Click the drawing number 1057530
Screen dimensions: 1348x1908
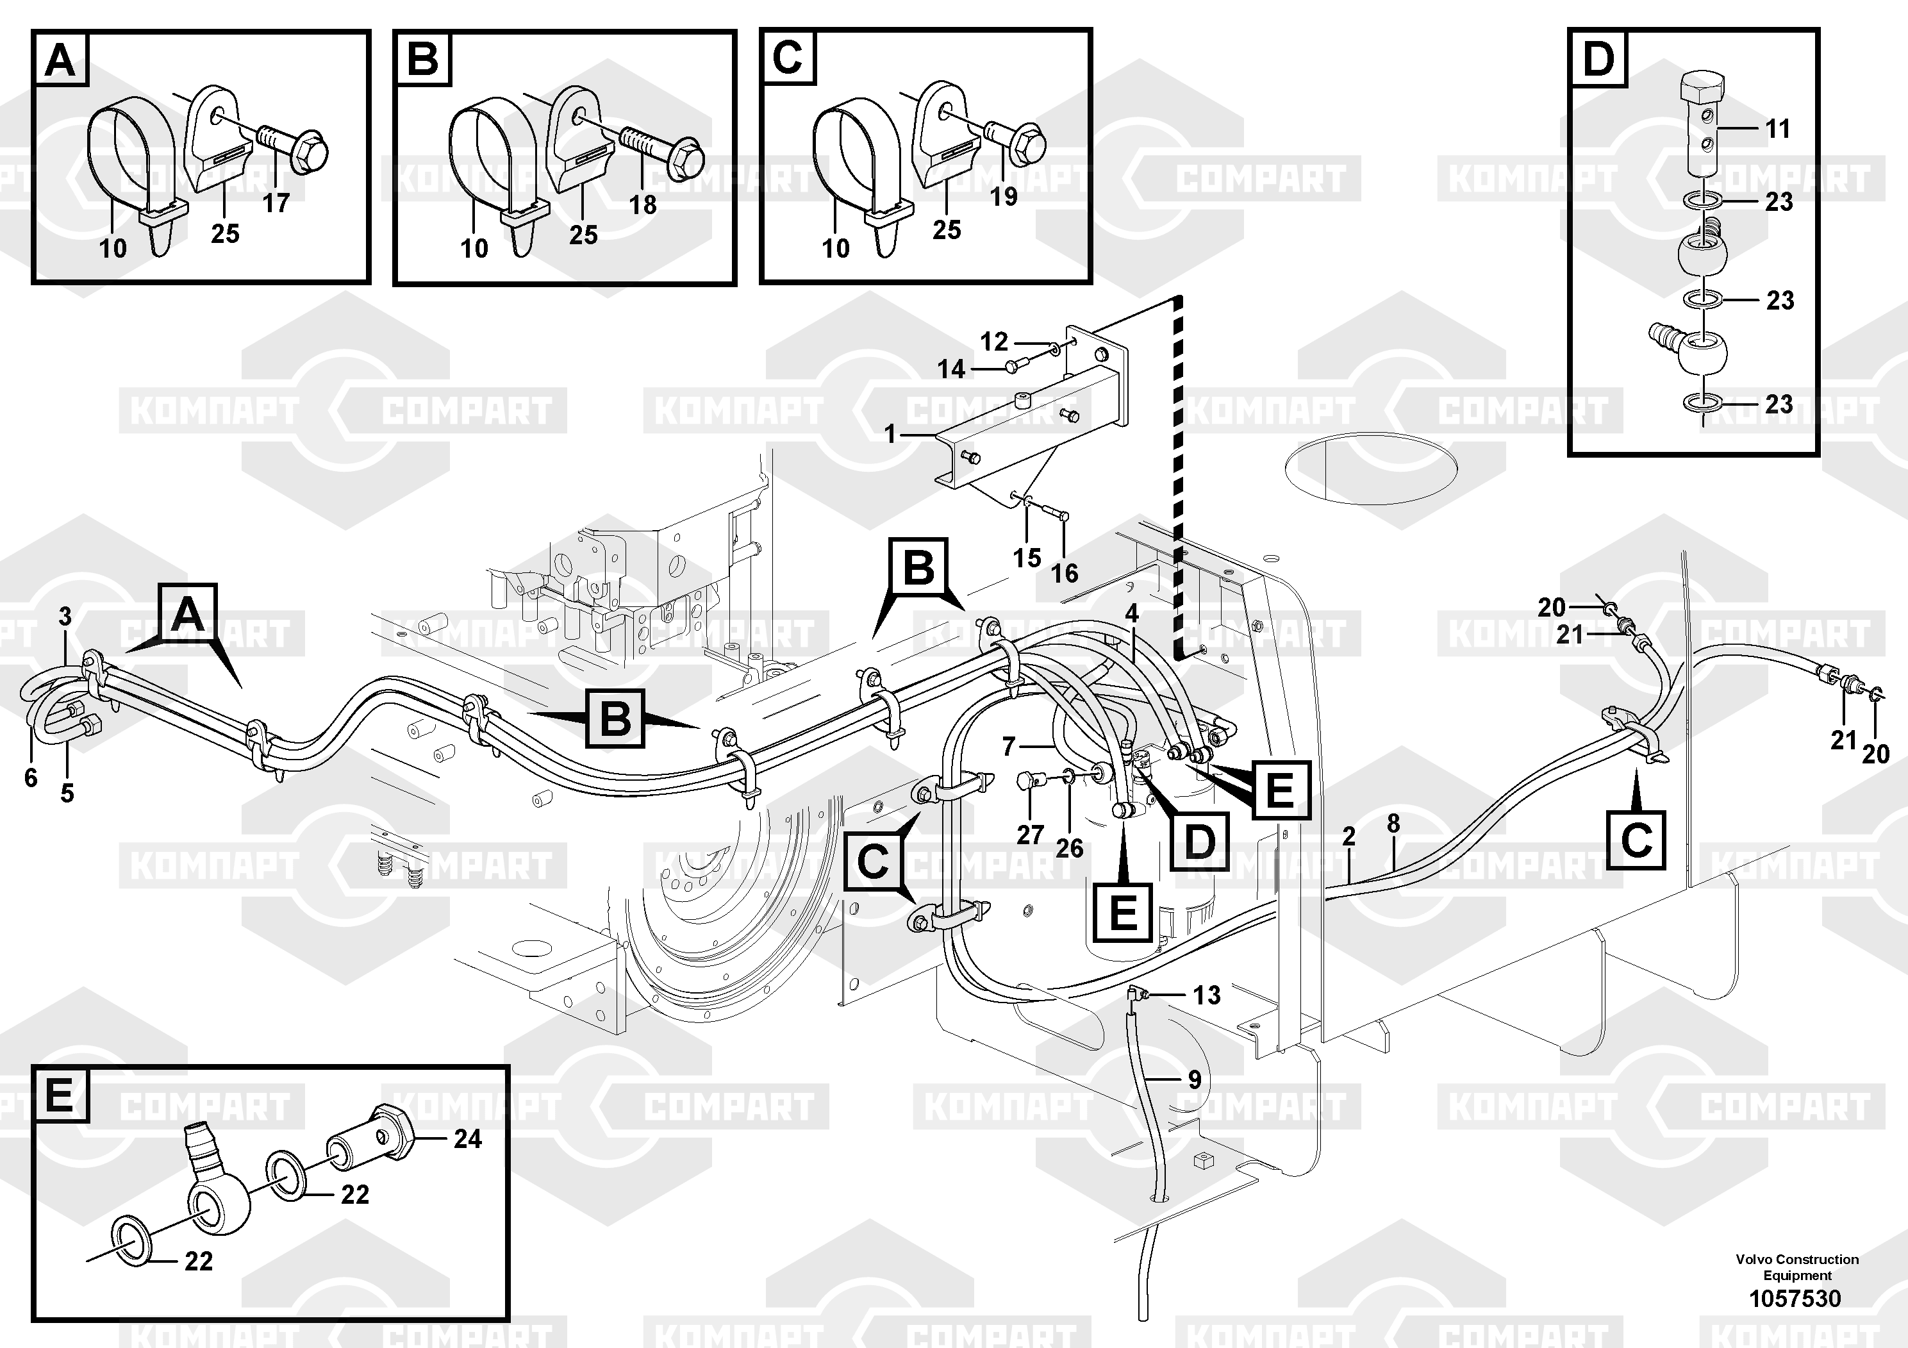tap(1795, 1298)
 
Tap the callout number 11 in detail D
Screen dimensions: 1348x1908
tap(1777, 129)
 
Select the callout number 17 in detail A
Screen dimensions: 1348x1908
tap(276, 202)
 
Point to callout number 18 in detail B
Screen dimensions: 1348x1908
tap(642, 204)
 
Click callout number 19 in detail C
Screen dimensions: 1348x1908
tap(1004, 196)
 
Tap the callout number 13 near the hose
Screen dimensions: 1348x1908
tap(1207, 995)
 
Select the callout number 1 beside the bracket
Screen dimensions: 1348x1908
tap(890, 434)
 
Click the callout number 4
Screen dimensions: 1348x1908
tap(1131, 613)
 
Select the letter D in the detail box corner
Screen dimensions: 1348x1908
tap(1598, 60)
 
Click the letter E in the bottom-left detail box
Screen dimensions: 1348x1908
tap(59, 1095)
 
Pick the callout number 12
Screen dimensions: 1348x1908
tap(994, 342)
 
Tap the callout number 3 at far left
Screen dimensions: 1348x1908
tap(65, 617)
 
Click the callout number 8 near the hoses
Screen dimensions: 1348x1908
tap(1393, 824)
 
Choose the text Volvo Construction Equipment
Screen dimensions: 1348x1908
tap(1796, 1267)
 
